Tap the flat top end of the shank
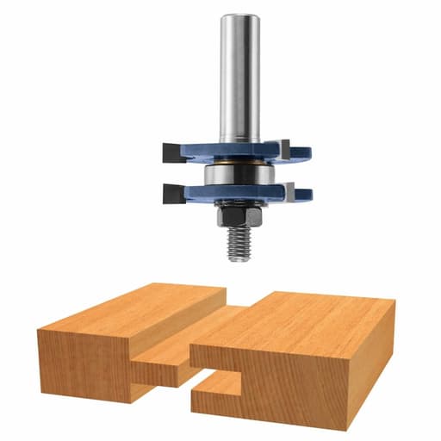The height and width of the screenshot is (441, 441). [x=239, y=17]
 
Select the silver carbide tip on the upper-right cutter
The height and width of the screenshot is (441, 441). [x=284, y=149]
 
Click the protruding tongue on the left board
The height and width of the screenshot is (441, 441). [x=164, y=370]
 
